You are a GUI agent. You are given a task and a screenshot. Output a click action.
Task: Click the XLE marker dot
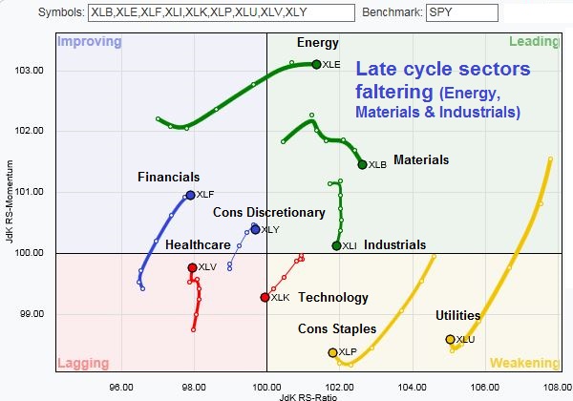(x=316, y=64)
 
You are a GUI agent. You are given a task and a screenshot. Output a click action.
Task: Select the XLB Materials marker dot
(x=362, y=164)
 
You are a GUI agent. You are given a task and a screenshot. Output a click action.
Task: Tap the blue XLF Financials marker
(x=190, y=195)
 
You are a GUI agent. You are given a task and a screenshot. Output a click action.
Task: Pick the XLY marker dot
(x=255, y=229)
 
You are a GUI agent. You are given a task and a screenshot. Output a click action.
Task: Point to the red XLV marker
(x=192, y=267)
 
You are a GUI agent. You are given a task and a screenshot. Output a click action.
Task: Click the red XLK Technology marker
(x=265, y=297)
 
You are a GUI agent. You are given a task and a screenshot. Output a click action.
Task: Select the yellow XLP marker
(x=332, y=352)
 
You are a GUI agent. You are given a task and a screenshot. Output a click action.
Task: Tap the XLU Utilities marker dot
(x=451, y=339)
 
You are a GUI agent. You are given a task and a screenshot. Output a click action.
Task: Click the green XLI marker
(x=336, y=245)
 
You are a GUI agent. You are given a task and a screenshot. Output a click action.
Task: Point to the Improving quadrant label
(x=90, y=42)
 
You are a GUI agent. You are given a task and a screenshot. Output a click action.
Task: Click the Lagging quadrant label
(x=84, y=363)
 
